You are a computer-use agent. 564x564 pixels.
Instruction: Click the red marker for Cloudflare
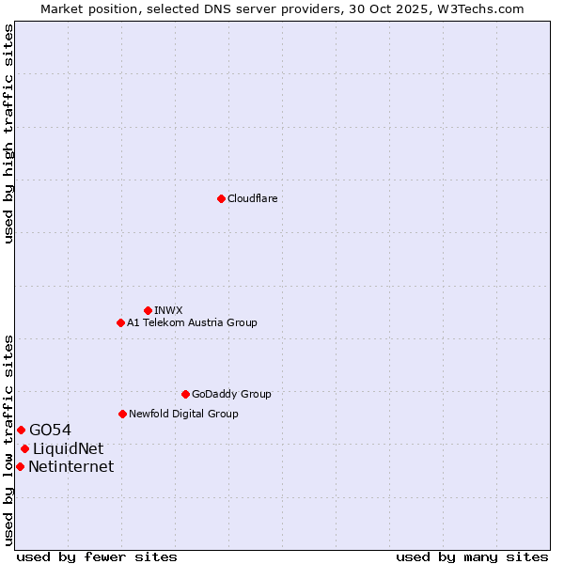pyautogui.click(x=221, y=198)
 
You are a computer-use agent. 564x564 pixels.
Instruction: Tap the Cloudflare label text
pyautogui.click(x=252, y=198)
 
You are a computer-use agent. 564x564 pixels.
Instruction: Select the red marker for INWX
pyautogui.click(x=148, y=310)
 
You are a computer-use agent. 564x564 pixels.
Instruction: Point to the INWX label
pyautogui.click(x=168, y=310)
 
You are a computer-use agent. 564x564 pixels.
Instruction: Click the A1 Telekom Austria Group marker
pyautogui.click(x=120, y=322)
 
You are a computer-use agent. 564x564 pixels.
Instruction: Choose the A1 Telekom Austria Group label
pyautogui.click(x=192, y=322)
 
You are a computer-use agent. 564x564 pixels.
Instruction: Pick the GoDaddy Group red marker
pyautogui.click(x=185, y=394)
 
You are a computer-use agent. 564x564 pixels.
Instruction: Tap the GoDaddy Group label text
pyautogui.click(x=231, y=394)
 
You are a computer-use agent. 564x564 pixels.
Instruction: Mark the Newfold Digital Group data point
pyautogui.click(x=122, y=414)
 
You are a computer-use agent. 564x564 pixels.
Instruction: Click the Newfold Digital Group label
pyautogui.click(x=183, y=414)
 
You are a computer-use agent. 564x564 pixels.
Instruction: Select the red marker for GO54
pyautogui.click(x=21, y=430)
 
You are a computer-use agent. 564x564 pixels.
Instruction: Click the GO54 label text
pyautogui.click(x=50, y=431)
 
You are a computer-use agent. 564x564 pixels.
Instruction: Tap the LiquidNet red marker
pyautogui.click(x=24, y=448)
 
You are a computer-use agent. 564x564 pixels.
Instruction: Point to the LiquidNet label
pyautogui.click(x=68, y=449)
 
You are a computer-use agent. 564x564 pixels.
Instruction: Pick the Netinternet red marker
pyautogui.click(x=20, y=466)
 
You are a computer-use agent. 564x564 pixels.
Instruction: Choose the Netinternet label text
pyautogui.click(x=70, y=467)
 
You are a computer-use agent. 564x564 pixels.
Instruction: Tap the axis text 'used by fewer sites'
pyautogui.click(x=97, y=556)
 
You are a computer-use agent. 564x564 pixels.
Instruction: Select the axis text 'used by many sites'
pyautogui.click(x=472, y=556)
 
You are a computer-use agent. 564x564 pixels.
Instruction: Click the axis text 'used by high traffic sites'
pyautogui.click(x=8, y=133)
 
